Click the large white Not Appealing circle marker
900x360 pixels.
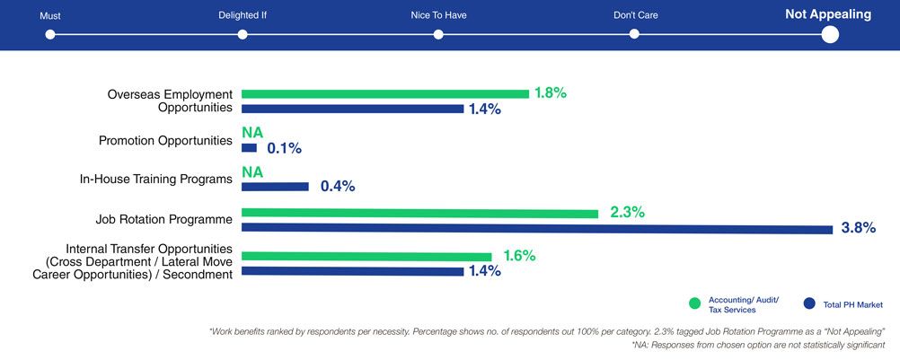[830, 34]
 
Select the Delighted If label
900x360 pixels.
[243, 15]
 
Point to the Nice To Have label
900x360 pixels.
[437, 15]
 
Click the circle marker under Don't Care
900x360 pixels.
[634, 34]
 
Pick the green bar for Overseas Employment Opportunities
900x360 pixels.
[384, 93]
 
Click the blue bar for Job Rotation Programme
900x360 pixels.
[537, 229]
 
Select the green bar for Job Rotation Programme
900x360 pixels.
[419, 214]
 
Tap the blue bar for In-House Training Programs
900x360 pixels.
[275, 187]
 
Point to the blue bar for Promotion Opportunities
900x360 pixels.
[249, 148]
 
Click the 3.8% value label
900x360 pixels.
[858, 228]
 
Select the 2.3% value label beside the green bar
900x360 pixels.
[628, 213]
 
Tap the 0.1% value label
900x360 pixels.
[284, 148]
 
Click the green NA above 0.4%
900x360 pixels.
[252, 171]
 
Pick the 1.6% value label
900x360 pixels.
[518, 256]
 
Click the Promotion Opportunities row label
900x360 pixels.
[165, 141]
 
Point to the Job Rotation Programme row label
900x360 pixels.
[164, 218]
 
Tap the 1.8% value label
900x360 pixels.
[551, 92]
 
